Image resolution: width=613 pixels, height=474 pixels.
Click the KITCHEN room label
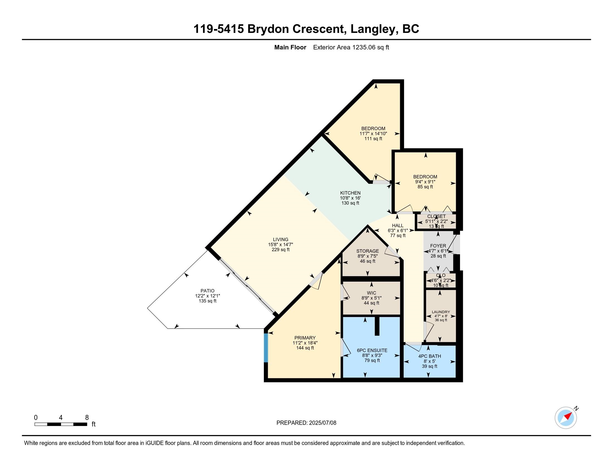pyautogui.click(x=350, y=193)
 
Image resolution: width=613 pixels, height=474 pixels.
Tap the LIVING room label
pyautogui.click(x=281, y=240)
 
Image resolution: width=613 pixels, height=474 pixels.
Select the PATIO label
pyautogui.click(x=207, y=291)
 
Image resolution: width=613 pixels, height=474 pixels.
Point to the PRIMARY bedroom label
pyautogui.click(x=305, y=338)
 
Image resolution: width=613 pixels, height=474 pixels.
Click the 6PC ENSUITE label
pyautogui.click(x=372, y=350)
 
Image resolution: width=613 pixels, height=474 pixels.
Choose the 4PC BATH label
pyautogui.click(x=430, y=356)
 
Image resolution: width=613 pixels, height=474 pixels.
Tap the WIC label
pyautogui.click(x=372, y=293)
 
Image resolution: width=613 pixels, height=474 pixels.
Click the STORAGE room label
pyautogui.click(x=368, y=251)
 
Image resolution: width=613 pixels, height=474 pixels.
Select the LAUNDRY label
pyautogui.click(x=441, y=312)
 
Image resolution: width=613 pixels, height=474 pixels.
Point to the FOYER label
pyautogui.click(x=438, y=246)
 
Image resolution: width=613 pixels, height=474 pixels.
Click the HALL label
pyautogui.click(x=398, y=226)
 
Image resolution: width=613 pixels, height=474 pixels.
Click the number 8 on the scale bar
pyautogui.click(x=87, y=417)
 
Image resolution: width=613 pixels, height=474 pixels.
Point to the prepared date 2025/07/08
pyautogui.click(x=322, y=423)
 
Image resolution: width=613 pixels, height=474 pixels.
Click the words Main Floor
pyautogui.click(x=290, y=47)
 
